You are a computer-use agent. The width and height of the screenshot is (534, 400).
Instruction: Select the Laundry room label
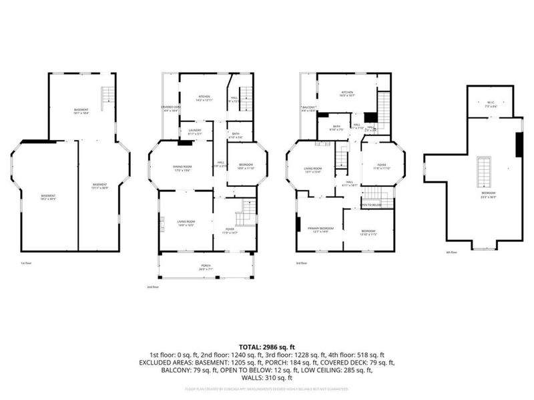[195, 131]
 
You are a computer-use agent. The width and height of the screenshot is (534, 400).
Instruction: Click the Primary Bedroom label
[320, 230]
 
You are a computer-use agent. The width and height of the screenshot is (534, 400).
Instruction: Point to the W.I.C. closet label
[491, 104]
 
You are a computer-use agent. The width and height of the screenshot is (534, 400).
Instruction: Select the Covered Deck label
[171, 109]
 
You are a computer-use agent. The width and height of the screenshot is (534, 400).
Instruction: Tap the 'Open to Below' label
[372, 205]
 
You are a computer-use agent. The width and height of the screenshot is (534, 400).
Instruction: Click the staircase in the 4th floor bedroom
[483, 172]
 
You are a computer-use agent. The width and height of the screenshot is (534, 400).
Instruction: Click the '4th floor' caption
[452, 253]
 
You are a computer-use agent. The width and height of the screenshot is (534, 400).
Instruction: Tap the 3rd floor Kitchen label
[347, 94]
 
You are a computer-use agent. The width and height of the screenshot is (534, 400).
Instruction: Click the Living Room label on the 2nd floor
[186, 223]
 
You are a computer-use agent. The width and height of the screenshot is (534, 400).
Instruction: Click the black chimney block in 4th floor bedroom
[519, 145]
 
